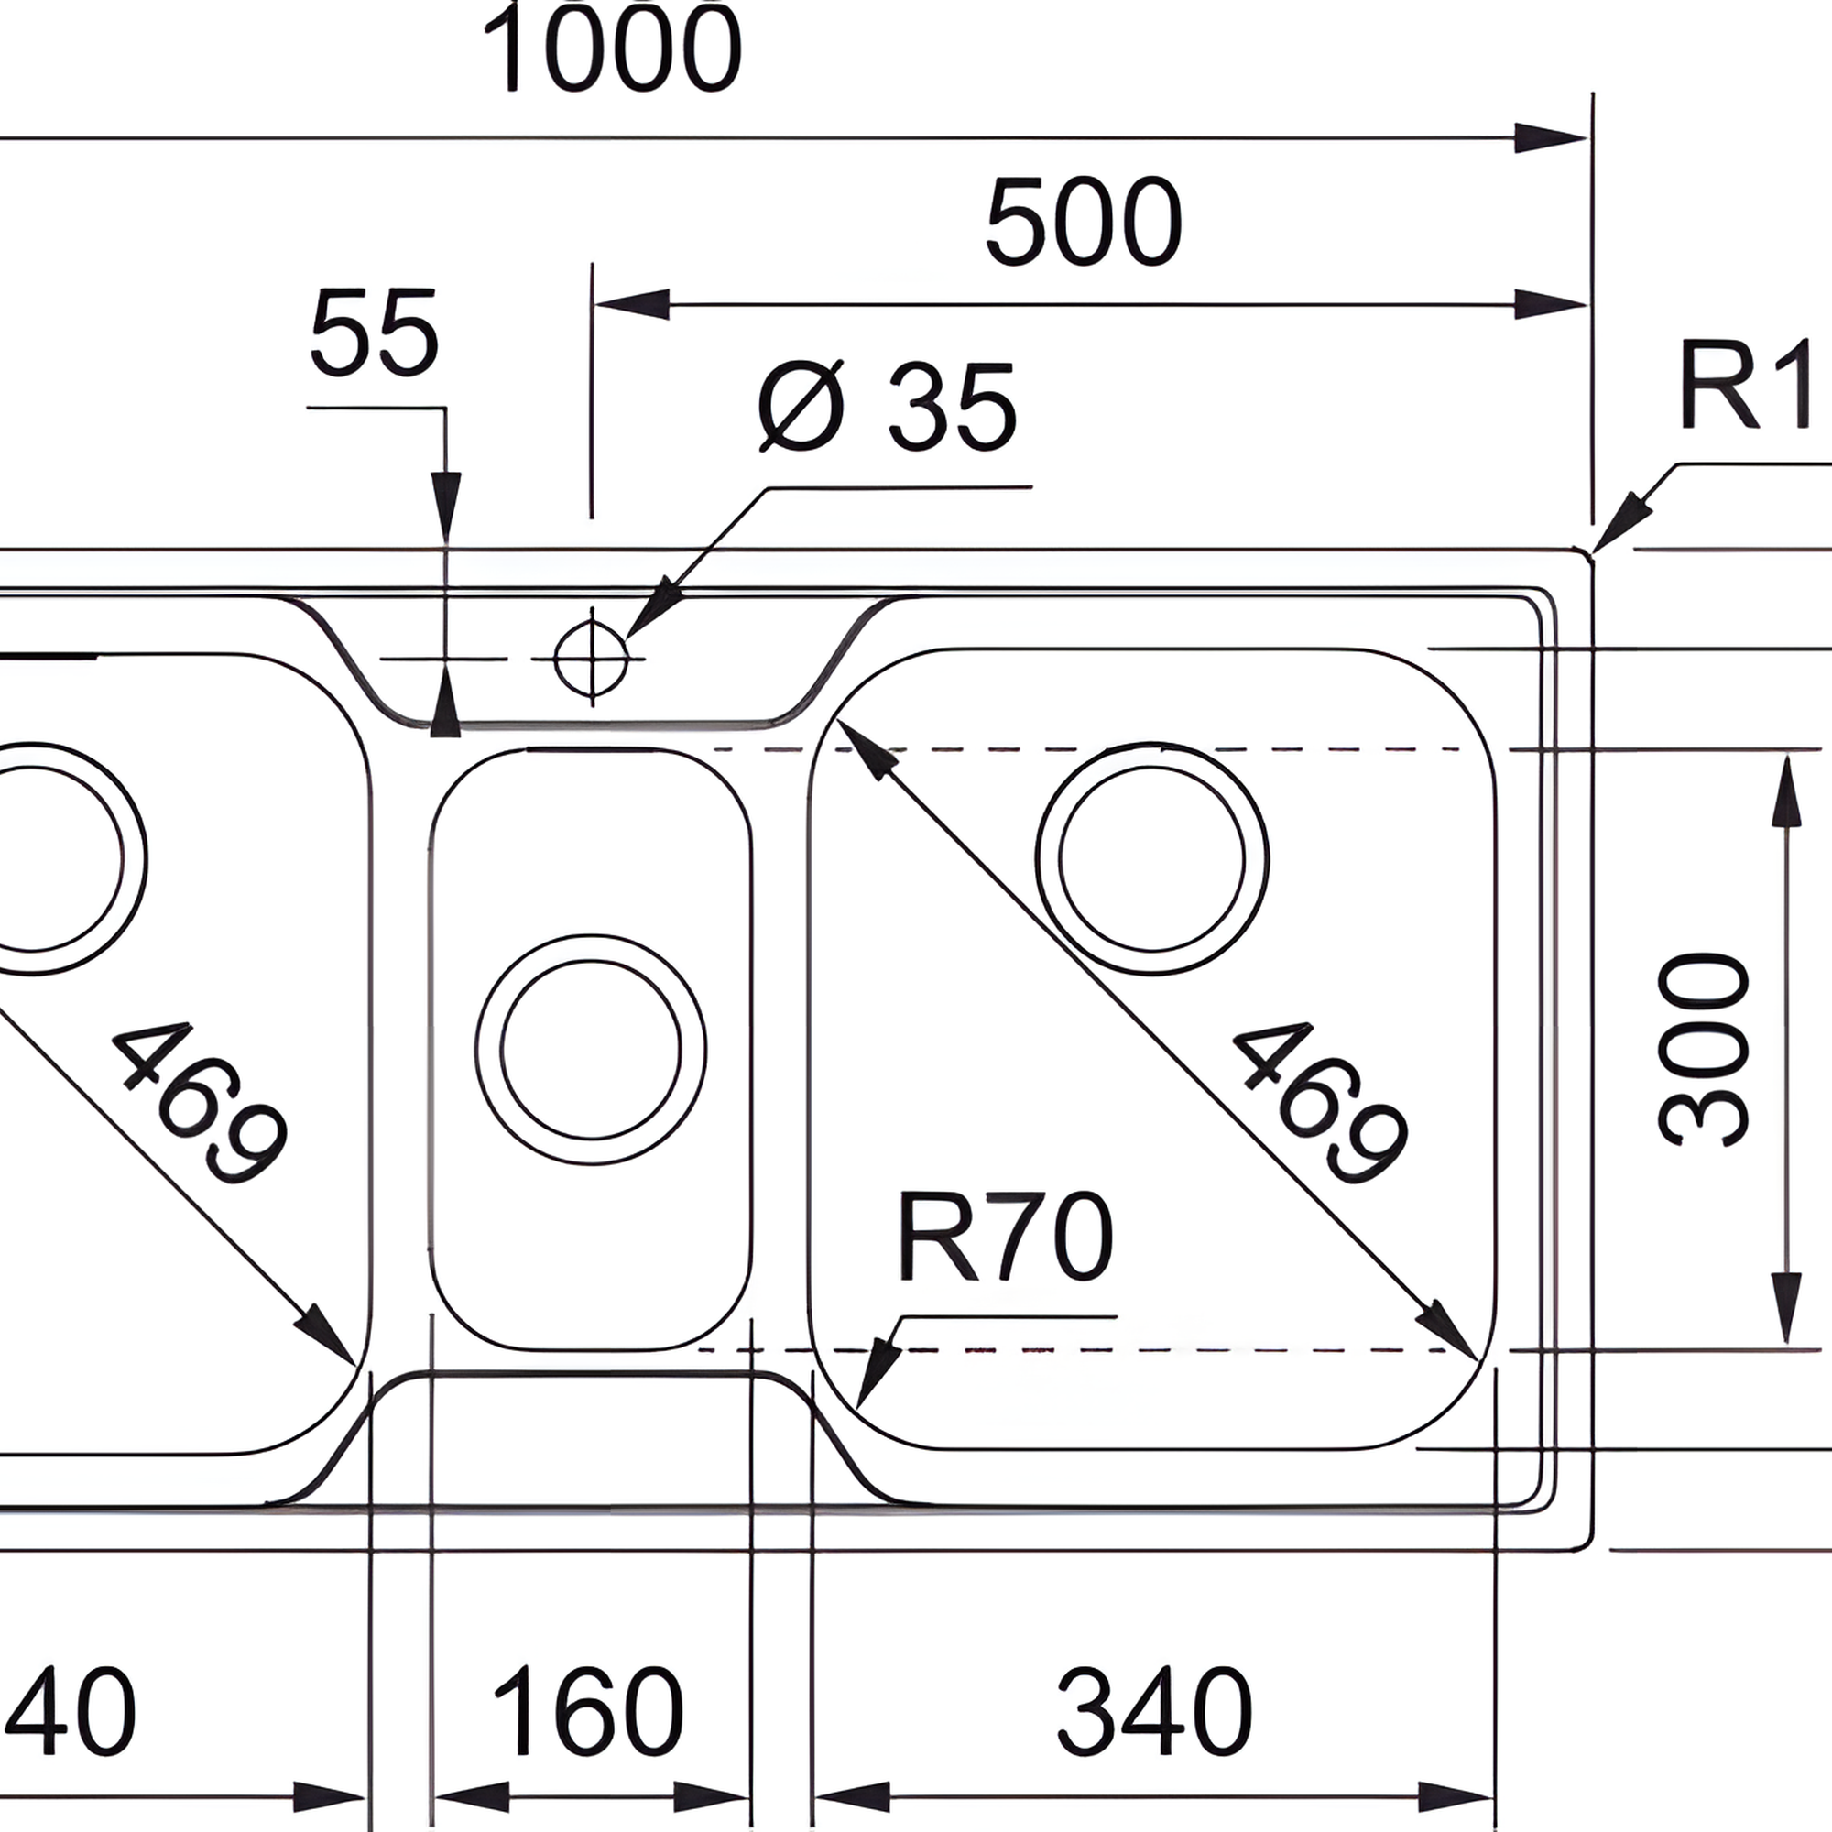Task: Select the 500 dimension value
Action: coord(1084,222)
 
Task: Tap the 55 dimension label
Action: coord(375,333)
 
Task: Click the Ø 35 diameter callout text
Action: coord(888,408)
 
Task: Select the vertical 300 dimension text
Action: coord(1704,1050)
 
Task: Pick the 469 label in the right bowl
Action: coord(1319,1105)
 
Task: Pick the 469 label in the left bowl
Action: coord(199,1105)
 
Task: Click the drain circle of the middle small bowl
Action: coord(591,1050)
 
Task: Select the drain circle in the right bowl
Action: coord(1152,858)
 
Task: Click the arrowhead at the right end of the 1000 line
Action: coord(1551,138)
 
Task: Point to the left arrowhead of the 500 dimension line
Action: coord(631,305)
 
